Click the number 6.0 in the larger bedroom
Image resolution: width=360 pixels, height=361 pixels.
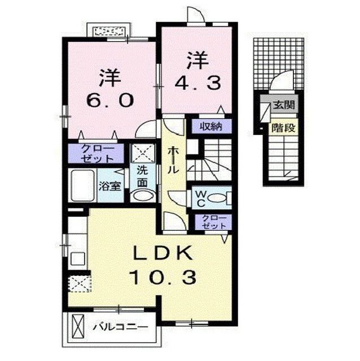tap(111, 100)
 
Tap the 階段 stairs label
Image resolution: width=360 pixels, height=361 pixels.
tap(284, 127)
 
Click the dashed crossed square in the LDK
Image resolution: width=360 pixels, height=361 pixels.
tap(79, 283)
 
